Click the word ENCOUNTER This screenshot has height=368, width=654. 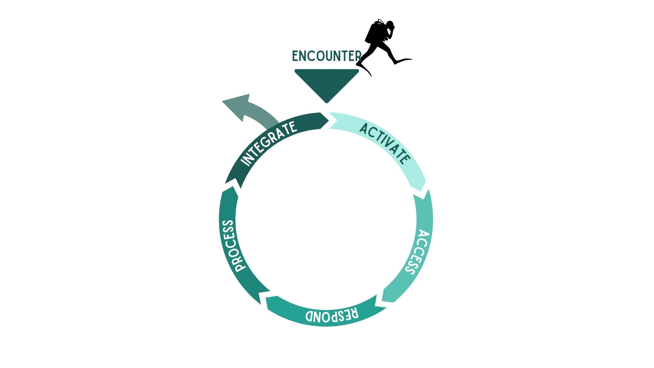[327, 56]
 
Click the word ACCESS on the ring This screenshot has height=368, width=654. [417, 252]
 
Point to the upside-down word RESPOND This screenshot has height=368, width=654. [332, 315]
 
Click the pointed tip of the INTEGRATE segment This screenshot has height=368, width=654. [329, 120]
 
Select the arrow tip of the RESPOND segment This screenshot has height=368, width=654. [261, 304]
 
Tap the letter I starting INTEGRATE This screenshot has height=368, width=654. [244, 162]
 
